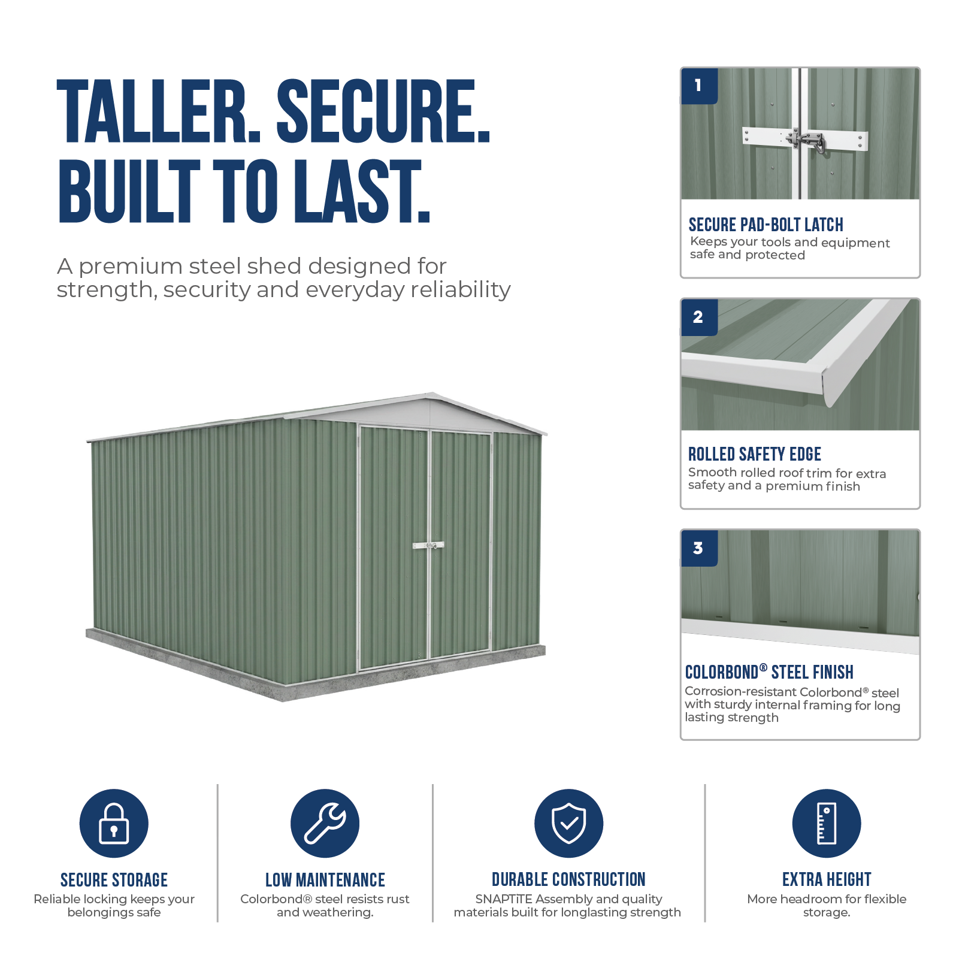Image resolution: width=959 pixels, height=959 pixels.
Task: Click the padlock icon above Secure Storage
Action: pos(114,823)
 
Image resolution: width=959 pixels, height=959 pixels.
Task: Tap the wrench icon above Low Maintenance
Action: pos(325,823)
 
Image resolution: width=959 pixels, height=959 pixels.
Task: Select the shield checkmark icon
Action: pos(568,823)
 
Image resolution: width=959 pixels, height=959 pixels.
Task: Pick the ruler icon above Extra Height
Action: pos(827,823)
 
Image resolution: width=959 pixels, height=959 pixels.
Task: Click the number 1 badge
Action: pos(699,86)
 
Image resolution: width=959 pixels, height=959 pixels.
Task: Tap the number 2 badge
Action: pos(699,317)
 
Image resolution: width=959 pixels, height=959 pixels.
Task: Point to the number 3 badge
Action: pos(699,548)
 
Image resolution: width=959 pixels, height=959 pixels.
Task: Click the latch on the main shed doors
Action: pos(429,546)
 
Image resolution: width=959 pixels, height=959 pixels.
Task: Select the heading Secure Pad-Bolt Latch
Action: pos(766,225)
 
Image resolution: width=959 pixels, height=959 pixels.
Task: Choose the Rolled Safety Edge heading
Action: pos(754,454)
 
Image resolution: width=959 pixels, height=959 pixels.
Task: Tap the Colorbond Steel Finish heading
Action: pos(769,672)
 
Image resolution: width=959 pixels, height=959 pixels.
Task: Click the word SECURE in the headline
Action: pos(383,112)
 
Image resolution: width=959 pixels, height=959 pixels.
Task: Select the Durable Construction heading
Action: pos(568,879)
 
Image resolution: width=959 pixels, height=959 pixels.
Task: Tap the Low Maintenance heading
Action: pos(325,879)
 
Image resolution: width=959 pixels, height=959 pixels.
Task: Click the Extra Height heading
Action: pos(827,879)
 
